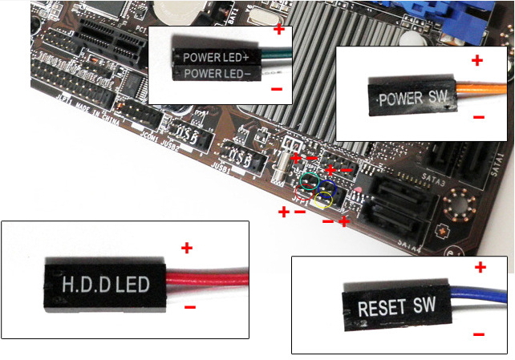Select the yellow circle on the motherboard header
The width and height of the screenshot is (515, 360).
[324, 196]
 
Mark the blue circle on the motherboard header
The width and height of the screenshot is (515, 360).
[326, 182]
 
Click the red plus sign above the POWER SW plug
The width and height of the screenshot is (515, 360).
[477, 60]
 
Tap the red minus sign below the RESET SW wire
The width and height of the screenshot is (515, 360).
[479, 334]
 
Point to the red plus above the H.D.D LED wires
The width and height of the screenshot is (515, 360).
[187, 249]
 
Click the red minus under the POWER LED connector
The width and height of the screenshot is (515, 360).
[276, 89]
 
